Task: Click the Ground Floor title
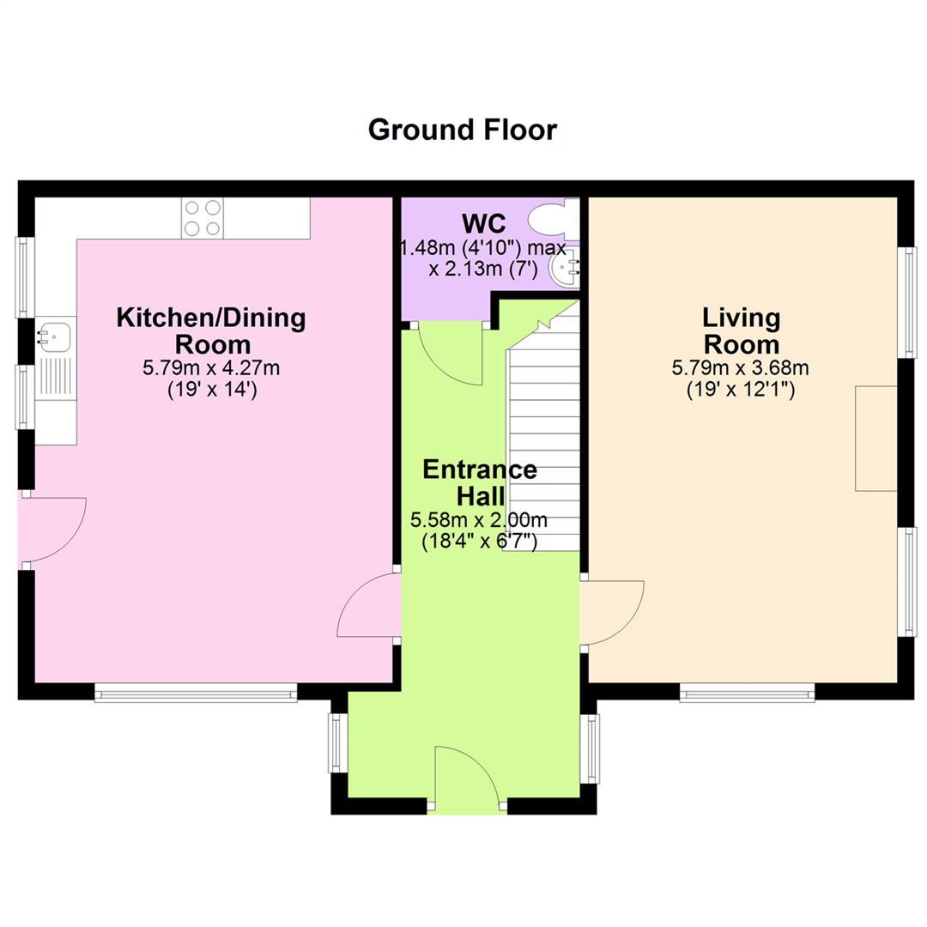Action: click(463, 130)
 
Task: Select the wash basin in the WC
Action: click(565, 268)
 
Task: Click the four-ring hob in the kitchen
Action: click(203, 217)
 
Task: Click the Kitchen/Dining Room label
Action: click(211, 331)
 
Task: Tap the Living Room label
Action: click(741, 331)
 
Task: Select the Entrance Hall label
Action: click(480, 482)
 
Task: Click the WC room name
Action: click(483, 224)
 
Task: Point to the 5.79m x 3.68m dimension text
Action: click(740, 368)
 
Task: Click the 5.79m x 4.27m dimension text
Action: click(211, 368)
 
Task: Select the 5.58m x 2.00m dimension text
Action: click(479, 520)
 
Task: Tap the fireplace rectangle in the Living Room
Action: click(876, 439)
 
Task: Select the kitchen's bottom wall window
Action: click(196, 693)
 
